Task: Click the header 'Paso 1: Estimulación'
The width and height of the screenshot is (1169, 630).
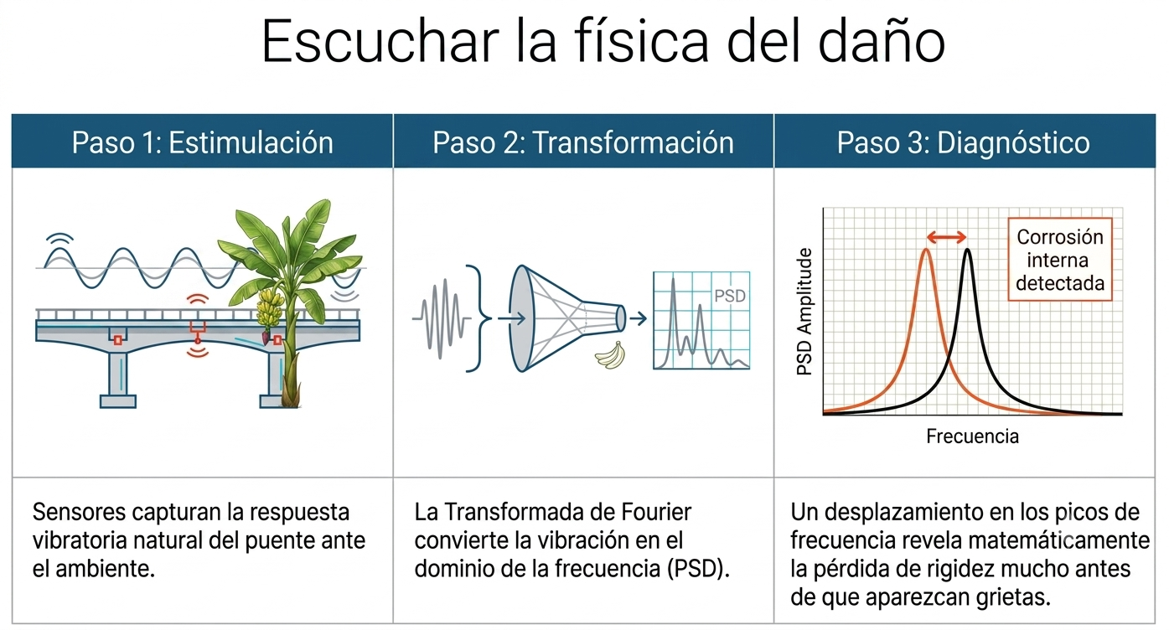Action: click(x=203, y=142)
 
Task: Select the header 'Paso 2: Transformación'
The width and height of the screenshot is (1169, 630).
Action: click(x=583, y=142)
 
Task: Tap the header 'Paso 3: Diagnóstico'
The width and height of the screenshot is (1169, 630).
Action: click(x=964, y=142)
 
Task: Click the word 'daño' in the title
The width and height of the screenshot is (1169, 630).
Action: click(x=882, y=42)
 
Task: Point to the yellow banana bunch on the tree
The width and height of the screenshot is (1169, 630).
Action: click(x=269, y=307)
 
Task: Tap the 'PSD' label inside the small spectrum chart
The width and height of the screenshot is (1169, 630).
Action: click(x=730, y=297)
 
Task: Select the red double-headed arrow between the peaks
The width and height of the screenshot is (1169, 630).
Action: click(x=946, y=238)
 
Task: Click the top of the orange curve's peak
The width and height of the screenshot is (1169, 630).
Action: click(x=926, y=250)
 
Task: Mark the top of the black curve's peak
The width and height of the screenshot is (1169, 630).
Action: click(x=968, y=250)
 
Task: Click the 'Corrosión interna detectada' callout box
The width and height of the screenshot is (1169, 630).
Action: click(x=1060, y=259)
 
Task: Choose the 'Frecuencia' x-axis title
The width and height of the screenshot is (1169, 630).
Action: click(x=972, y=436)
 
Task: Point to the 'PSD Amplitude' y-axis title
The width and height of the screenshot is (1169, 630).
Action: click(x=804, y=312)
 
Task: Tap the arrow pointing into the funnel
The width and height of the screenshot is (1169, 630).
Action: click(x=511, y=318)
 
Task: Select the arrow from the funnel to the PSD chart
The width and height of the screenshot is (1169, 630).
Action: click(x=639, y=318)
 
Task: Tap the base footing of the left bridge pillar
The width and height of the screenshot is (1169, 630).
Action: click(x=118, y=401)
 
